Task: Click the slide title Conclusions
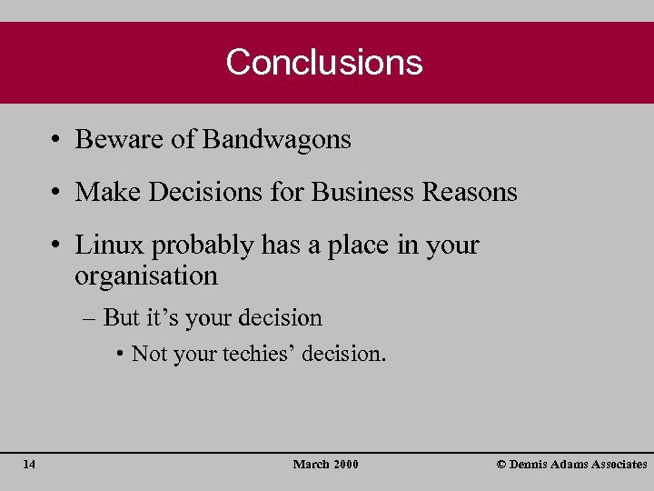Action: (324, 62)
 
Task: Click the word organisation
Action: (146, 276)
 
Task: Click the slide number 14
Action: (29, 465)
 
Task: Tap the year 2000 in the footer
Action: (346, 465)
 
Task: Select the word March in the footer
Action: (311, 465)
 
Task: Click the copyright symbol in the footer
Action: (501, 465)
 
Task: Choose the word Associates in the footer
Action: (617, 465)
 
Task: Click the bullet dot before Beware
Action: (56, 141)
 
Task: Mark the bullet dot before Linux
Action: (56, 246)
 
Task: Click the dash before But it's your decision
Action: (92, 319)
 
